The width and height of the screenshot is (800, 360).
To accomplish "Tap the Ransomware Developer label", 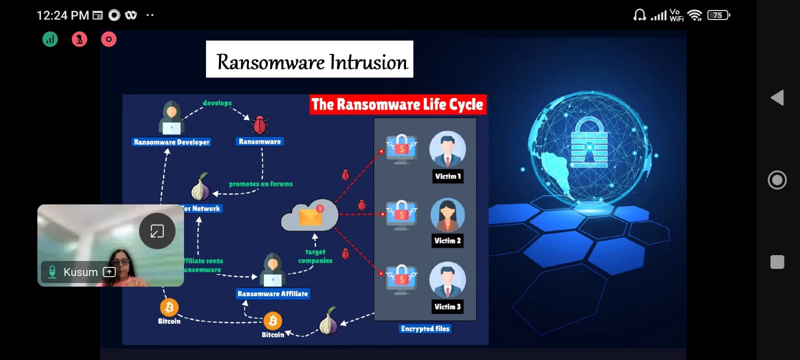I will tap(171, 142).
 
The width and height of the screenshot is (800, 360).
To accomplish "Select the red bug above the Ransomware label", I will tap(259, 124).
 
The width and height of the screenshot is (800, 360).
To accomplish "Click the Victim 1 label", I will tap(447, 176).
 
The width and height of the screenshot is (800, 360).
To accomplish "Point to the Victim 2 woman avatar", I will tap(447, 215).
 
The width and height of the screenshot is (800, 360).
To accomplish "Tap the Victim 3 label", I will tap(447, 306).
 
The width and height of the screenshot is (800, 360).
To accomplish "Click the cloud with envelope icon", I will tap(310, 215).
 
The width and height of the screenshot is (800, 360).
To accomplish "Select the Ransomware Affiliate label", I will tap(272, 294).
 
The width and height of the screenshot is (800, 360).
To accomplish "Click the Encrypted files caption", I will tap(425, 328).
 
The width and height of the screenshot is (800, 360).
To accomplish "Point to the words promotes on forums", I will tap(260, 184).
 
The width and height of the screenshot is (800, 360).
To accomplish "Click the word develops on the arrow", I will tap(217, 103).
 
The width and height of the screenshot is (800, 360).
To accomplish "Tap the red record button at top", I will tap(108, 39).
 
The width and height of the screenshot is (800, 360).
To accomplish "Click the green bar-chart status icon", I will tap(50, 39).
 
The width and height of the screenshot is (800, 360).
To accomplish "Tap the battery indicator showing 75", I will tap(718, 15).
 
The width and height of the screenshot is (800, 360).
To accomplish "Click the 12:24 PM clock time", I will tap(62, 15).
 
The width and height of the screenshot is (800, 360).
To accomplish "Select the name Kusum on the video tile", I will tap(80, 272).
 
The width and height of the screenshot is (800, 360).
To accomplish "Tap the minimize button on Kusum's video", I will tap(157, 231).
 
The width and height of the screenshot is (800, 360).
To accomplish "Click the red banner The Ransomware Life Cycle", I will tap(397, 104).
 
